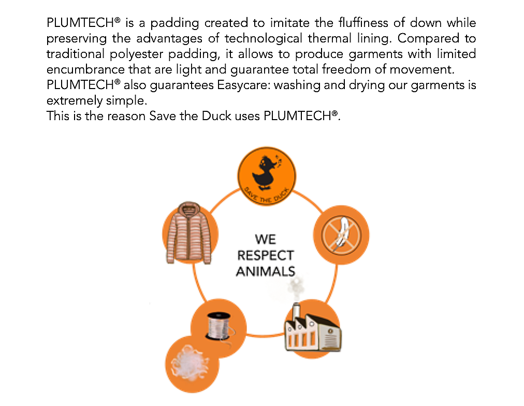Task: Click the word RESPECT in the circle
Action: (x=265, y=255)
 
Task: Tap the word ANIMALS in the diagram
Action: (x=265, y=271)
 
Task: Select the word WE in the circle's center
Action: (x=265, y=240)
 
